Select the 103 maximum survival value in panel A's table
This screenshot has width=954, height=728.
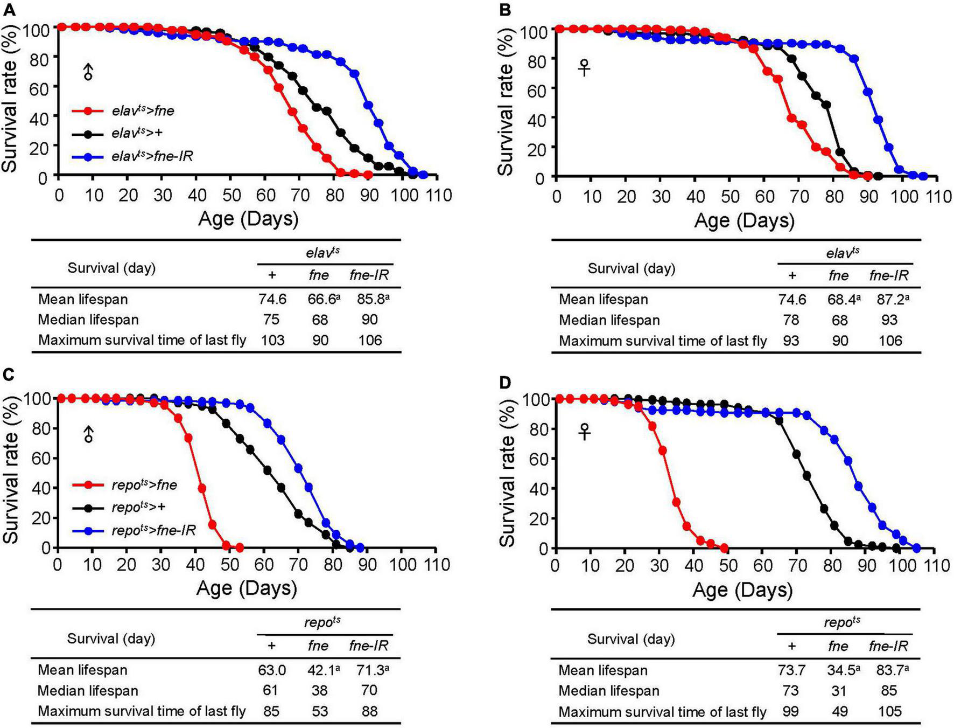click(x=271, y=340)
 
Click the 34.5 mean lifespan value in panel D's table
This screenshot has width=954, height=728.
click(x=838, y=670)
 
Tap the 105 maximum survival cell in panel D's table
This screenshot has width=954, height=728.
click(x=889, y=711)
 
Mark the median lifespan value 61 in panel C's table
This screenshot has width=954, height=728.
click(x=271, y=690)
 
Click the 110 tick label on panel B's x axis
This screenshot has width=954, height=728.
click(x=937, y=197)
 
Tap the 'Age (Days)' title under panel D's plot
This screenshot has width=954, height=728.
click(x=742, y=590)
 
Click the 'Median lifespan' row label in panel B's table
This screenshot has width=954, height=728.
click(x=609, y=320)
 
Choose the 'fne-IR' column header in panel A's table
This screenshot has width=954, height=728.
click(x=369, y=275)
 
